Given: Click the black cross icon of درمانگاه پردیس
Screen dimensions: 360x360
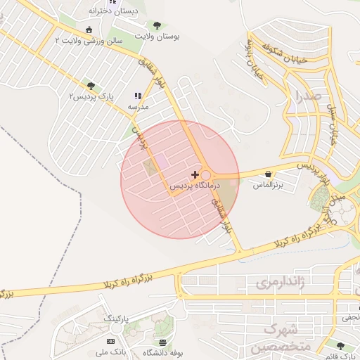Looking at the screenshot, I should coord(195,173).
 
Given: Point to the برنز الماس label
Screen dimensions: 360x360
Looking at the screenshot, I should coord(268,184).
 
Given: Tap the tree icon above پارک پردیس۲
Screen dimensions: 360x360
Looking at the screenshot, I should coord(91,85).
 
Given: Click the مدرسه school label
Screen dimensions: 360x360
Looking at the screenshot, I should coord(137,107).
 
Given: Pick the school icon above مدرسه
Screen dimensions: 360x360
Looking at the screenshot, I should coord(138,96).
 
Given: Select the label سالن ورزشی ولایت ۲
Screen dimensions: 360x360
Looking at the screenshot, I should coord(83,41).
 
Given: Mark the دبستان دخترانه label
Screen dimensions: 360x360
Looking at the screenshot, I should coord(113,11).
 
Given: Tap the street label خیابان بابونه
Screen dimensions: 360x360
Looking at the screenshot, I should coord(253,67).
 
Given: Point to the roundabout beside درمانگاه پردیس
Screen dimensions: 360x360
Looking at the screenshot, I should coord(206,176).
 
